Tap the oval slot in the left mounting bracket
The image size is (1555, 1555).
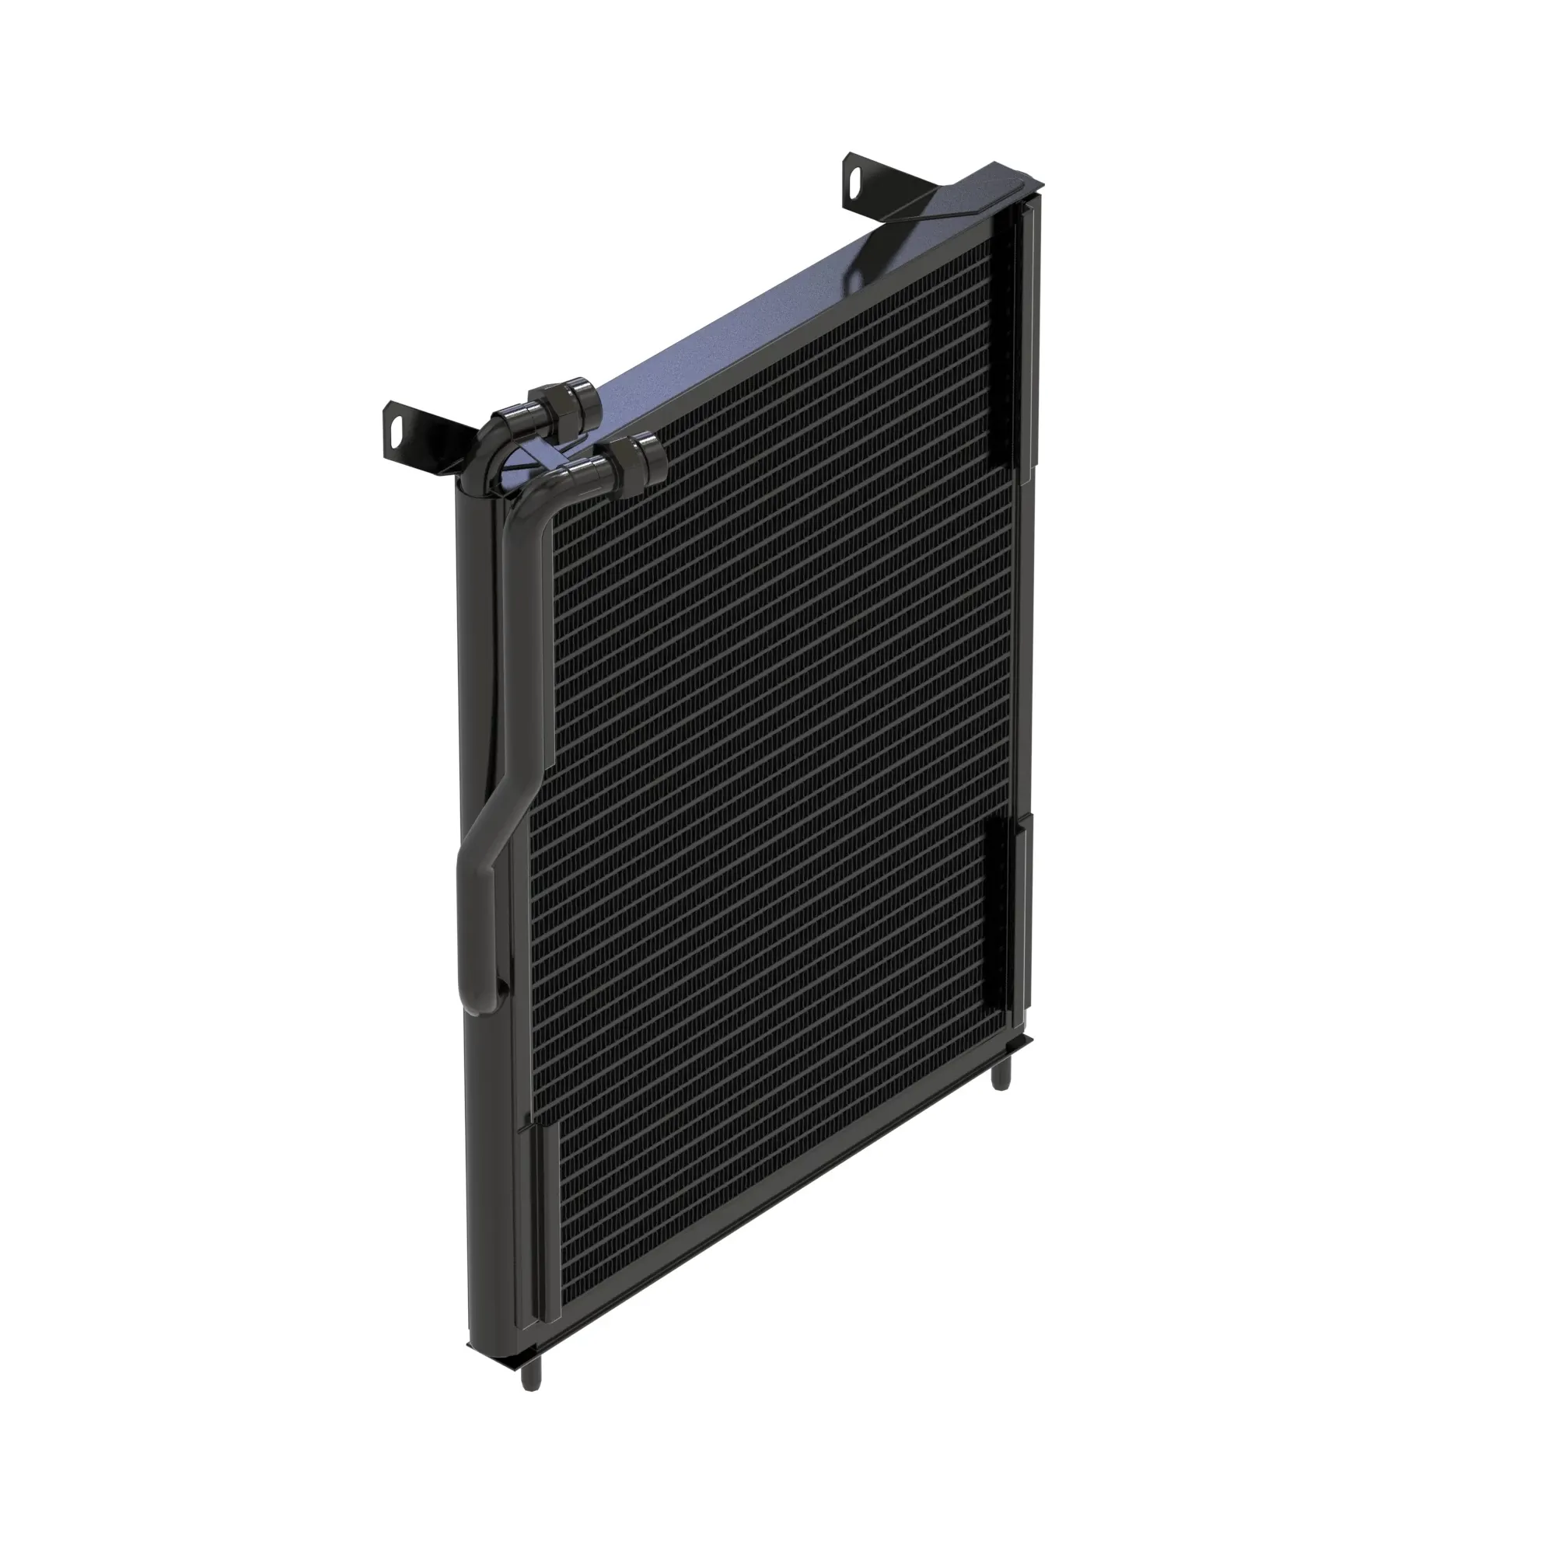click(396, 425)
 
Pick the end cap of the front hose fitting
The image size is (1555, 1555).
click(650, 456)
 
